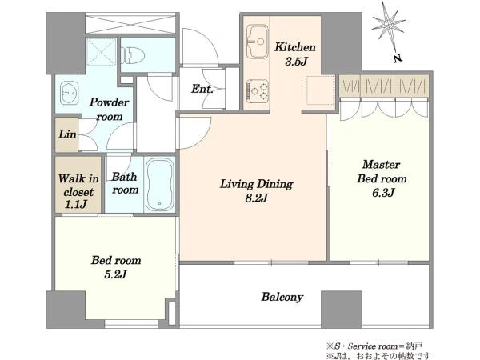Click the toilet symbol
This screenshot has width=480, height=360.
(x=134, y=55)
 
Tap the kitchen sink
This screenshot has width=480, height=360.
(x=258, y=42)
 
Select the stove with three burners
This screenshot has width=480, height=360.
(x=258, y=90)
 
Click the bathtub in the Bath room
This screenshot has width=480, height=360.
(x=159, y=185)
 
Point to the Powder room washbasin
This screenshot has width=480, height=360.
(x=69, y=93)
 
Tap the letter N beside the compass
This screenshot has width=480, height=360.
(x=398, y=58)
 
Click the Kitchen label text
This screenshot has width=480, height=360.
(x=294, y=47)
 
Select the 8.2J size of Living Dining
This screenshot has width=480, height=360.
(x=257, y=198)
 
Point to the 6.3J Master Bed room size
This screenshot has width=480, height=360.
(x=383, y=193)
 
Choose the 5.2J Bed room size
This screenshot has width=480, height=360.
(x=115, y=274)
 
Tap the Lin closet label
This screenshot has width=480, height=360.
(x=67, y=134)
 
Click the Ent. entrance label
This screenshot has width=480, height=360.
(x=202, y=89)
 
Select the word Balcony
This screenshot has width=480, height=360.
(x=282, y=297)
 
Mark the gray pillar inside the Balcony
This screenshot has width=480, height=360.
(x=342, y=309)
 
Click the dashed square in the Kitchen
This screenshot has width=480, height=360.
(x=320, y=90)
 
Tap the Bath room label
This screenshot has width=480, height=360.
(x=125, y=183)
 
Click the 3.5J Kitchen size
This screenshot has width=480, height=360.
(x=296, y=62)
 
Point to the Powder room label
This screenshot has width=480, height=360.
(x=110, y=109)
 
